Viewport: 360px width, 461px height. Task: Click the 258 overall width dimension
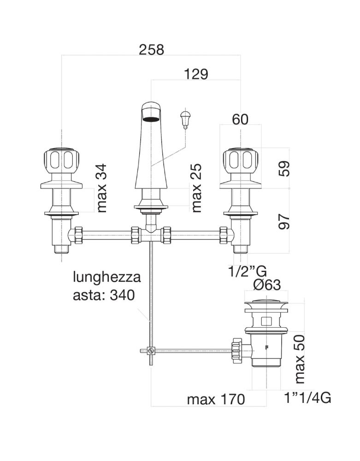click(x=151, y=50)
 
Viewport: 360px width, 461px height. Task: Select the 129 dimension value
click(x=196, y=74)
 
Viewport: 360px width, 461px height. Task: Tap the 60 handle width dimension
click(x=240, y=119)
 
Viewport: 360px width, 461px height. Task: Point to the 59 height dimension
click(x=284, y=168)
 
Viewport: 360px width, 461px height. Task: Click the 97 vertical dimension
click(x=284, y=222)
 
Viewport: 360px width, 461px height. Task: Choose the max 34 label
click(x=101, y=189)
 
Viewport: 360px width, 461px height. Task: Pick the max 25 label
click(x=196, y=188)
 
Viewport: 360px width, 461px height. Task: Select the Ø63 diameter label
click(x=267, y=284)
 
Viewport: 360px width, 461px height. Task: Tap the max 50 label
click(x=300, y=359)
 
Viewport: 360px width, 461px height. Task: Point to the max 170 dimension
click(x=216, y=399)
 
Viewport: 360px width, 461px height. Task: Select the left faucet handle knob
click(x=61, y=160)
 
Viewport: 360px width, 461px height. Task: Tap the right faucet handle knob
click(x=241, y=160)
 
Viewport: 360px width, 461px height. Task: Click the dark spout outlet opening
click(x=151, y=119)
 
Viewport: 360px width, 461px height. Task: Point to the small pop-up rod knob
click(x=185, y=119)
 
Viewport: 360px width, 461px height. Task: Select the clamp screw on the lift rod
click(x=151, y=350)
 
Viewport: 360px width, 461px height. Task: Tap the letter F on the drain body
click(x=267, y=346)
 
